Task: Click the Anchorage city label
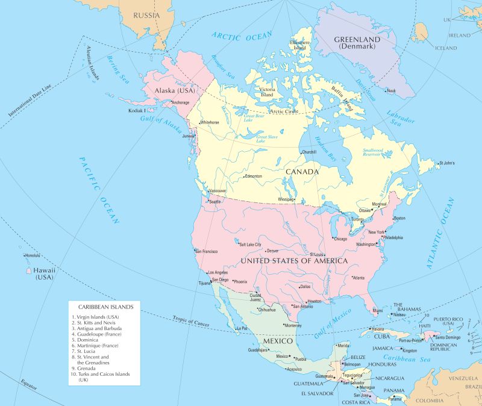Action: tap(180, 103)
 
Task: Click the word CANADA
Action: tap(302, 172)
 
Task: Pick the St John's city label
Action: tap(447, 163)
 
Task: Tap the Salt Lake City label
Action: tap(250, 245)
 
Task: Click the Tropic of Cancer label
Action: tap(190, 322)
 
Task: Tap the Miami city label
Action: tap(377, 311)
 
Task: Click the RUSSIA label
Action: tap(146, 14)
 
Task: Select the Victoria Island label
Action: tap(268, 92)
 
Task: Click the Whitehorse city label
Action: tap(210, 122)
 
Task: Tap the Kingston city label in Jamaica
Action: tap(410, 351)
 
